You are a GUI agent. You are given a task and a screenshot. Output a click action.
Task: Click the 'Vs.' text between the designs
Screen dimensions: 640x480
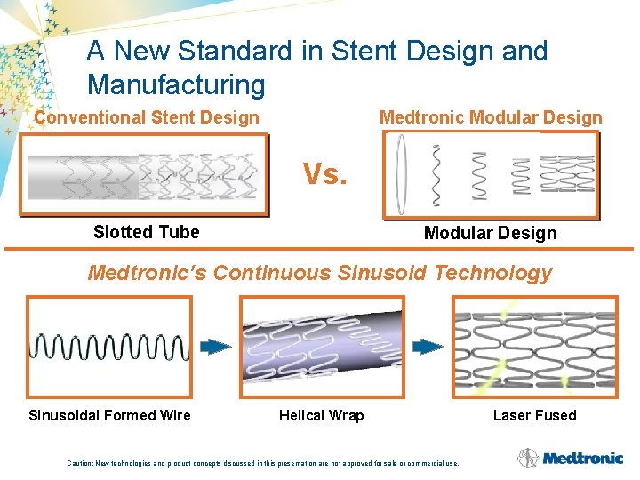click(324, 174)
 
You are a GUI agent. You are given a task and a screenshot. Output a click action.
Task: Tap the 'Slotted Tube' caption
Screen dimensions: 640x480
click(147, 233)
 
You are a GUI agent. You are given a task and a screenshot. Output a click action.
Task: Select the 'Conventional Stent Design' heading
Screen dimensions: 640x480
click(147, 117)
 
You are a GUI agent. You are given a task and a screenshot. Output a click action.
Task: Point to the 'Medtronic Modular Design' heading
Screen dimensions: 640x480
click(491, 117)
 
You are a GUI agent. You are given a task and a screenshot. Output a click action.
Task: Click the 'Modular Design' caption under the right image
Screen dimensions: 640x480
click(490, 234)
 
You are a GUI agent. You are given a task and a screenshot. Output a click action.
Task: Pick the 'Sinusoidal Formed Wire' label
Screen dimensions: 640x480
click(109, 415)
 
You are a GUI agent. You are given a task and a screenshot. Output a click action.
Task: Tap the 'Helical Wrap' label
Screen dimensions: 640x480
click(321, 415)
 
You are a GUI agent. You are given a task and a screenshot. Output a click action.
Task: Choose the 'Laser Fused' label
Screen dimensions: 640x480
click(534, 415)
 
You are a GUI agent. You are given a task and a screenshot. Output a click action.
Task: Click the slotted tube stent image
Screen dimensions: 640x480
click(144, 175)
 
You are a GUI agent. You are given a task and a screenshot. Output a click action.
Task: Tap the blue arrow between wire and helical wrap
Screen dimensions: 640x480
click(215, 347)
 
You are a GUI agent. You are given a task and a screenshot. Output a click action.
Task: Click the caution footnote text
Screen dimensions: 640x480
click(263, 463)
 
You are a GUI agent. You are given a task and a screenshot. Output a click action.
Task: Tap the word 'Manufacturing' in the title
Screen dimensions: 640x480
click(176, 85)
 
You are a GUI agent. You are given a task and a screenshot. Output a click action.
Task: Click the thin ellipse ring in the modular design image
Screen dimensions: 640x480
click(401, 175)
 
